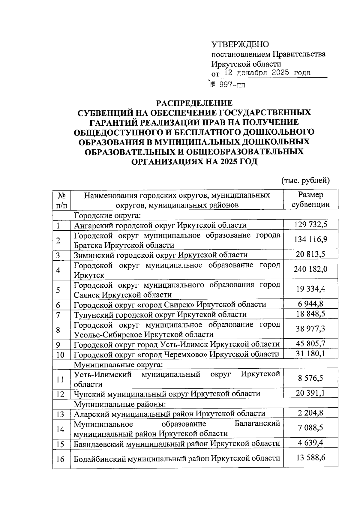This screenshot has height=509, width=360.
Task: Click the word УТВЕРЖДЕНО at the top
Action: point(240,44)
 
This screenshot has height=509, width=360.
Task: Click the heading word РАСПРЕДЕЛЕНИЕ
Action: point(195,103)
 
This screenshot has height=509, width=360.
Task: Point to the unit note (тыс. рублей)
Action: point(305,180)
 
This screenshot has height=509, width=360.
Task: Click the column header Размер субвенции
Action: point(310,199)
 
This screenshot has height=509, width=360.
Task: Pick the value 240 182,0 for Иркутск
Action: point(310,269)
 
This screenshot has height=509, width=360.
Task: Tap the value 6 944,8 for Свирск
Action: point(310,304)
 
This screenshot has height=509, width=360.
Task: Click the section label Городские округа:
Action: point(107,216)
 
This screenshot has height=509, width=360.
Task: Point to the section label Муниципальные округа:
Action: point(118,365)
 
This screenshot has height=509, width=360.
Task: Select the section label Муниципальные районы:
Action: point(120,404)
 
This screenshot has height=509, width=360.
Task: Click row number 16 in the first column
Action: point(60,459)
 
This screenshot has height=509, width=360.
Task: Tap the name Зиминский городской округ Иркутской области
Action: point(160,255)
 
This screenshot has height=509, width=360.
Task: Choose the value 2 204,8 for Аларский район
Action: point(310,413)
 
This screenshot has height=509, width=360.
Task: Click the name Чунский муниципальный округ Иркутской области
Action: point(167,394)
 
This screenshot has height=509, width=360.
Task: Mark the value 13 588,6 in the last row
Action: point(310,458)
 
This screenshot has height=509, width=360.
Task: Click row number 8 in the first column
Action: point(58,330)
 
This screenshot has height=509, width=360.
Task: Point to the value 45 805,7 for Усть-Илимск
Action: point(310,343)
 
